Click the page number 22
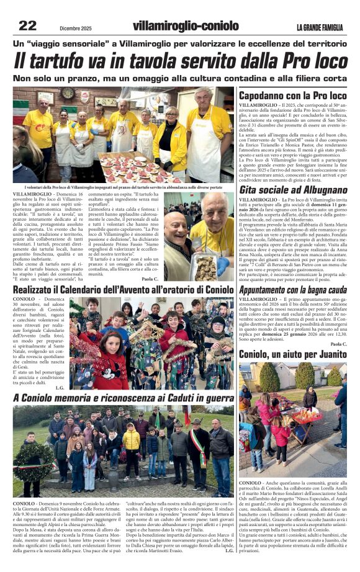click(x=27, y=25)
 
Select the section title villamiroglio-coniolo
click(x=186, y=27)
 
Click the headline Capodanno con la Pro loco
click(x=292, y=96)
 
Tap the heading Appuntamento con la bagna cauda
click(x=292, y=290)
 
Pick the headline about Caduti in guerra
click(x=124, y=397)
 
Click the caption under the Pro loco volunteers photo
click(x=124, y=187)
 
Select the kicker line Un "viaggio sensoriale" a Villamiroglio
click(x=179, y=44)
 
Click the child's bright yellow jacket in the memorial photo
click(x=131, y=440)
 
